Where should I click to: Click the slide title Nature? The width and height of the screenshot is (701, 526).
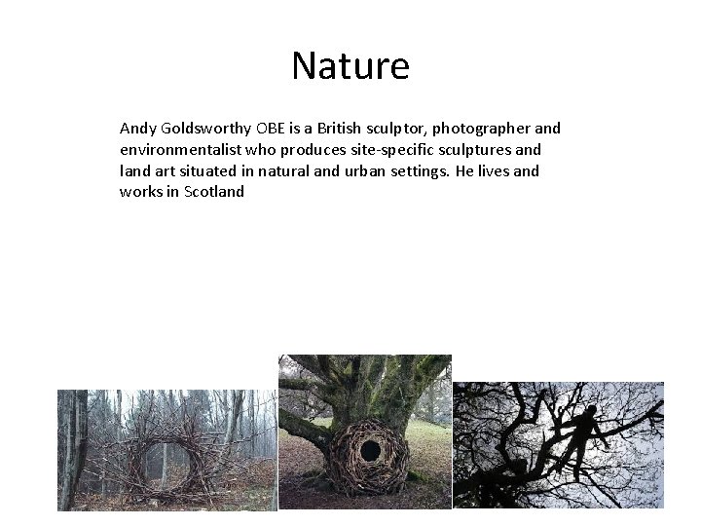pyautogui.click(x=350, y=66)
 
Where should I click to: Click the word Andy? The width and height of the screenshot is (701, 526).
pyautogui.click(x=136, y=129)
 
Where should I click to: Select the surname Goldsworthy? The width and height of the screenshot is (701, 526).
pyautogui.click(x=205, y=130)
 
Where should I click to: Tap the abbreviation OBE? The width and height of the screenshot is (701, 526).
pyautogui.click(x=275, y=129)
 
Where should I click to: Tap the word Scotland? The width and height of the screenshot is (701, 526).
pyautogui.click(x=214, y=192)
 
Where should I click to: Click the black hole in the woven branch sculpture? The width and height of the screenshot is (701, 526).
pyautogui.click(x=370, y=450)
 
